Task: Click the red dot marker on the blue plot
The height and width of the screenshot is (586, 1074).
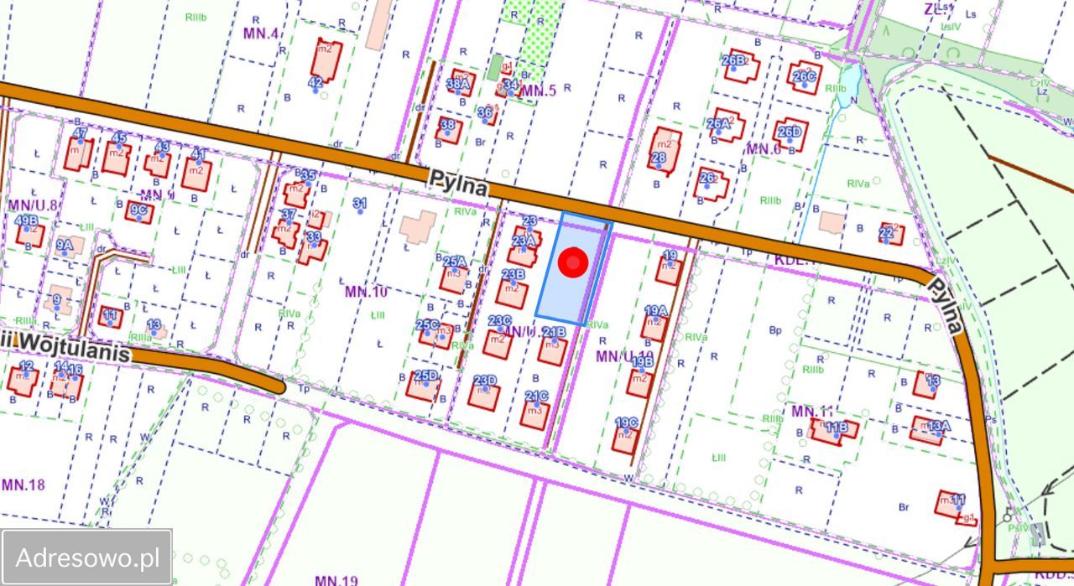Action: coord(573,263)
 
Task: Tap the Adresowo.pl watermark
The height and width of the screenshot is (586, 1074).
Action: coord(87,557)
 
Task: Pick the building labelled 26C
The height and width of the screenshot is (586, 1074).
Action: coord(804,76)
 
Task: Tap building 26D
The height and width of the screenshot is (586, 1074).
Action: coord(790,133)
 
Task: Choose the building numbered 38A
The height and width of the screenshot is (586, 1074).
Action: coord(461,83)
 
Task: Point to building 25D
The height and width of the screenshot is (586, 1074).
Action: coord(423,385)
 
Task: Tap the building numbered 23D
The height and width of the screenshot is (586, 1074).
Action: coord(484,392)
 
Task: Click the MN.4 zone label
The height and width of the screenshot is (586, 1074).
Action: coord(261,34)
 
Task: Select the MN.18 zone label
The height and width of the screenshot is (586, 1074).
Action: coord(23,485)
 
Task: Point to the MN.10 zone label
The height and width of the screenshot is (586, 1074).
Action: coord(366,292)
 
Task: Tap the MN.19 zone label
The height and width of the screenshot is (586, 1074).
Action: coord(336,579)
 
